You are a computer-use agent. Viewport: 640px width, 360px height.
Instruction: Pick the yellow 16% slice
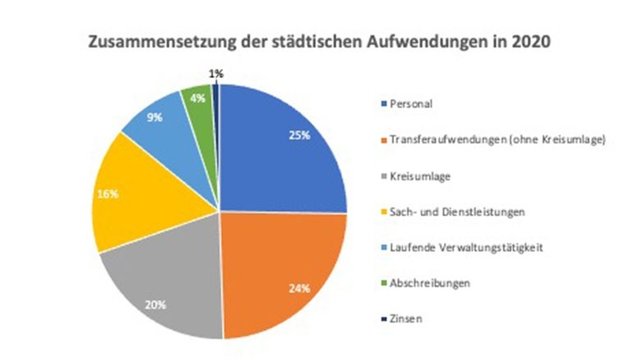point(131,197)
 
